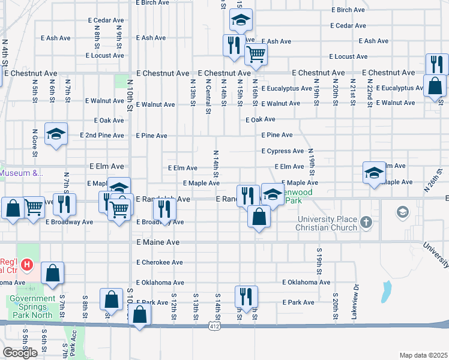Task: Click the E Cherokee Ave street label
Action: pyautogui.click(x=160, y=262)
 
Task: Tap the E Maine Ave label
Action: pyautogui.click(x=158, y=242)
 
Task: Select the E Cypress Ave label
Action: pyautogui.click(x=283, y=151)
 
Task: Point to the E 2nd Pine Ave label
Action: pyautogui.click(x=102, y=136)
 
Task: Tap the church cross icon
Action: pyautogui.click(x=367, y=224)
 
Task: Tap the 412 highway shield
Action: pyautogui.click(x=214, y=326)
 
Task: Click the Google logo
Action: pyautogui.click(x=20, y=353)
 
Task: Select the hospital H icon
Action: pyautogui.click(x=26, y=264)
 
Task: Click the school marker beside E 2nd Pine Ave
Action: pyautogui.click(x=56, y=134)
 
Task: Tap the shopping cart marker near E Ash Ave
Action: pyautogui.click(x=256, y=55)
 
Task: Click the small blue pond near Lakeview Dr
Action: pyautogui.click(x=384, y=293)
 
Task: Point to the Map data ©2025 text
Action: pyautogui.click(x=423, y=355)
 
